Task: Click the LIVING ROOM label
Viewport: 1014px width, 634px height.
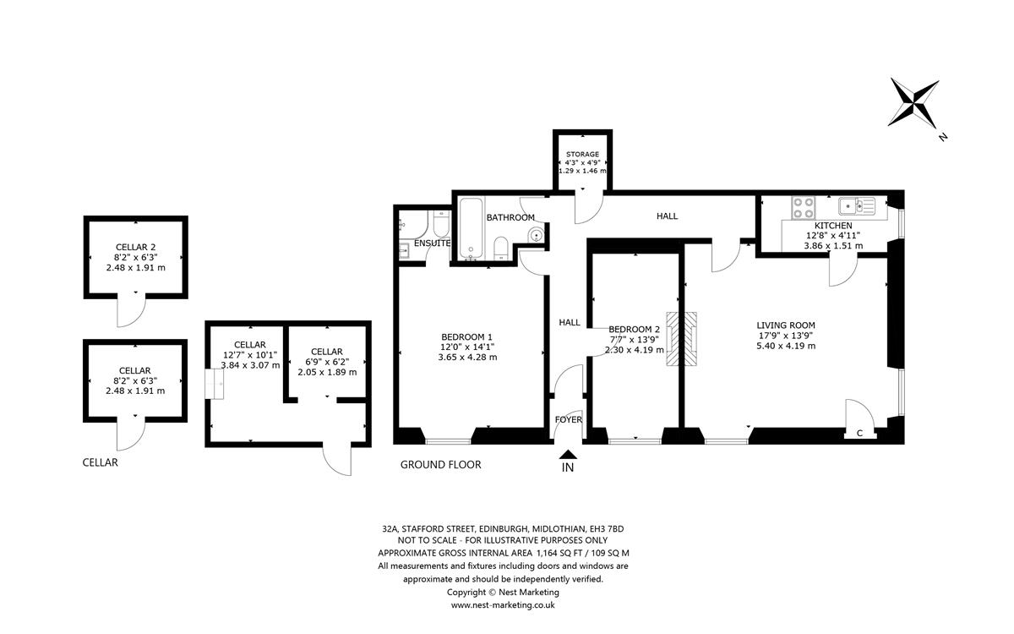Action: click(785, 325)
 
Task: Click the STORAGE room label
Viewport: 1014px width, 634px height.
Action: click(583, 153)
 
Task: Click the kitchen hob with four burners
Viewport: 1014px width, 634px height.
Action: click(802, 206)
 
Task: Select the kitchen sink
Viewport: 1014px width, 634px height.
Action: click(854, 205)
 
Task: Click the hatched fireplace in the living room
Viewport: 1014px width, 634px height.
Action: click(683, 339)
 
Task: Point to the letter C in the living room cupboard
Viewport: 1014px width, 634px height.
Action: click(859, 434)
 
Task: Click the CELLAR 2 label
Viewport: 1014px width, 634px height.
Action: click(136, 246)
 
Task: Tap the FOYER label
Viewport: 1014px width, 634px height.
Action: click(568, 420)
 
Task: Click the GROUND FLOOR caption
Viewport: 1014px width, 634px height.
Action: click(440, 465)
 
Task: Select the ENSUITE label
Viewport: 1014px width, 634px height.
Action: click(432, 243)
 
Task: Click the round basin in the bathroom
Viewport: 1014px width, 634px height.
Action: click(534, 235)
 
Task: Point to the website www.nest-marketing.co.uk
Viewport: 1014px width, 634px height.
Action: click(503, 604)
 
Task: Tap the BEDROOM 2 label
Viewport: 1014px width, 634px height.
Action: click(634, 330)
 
